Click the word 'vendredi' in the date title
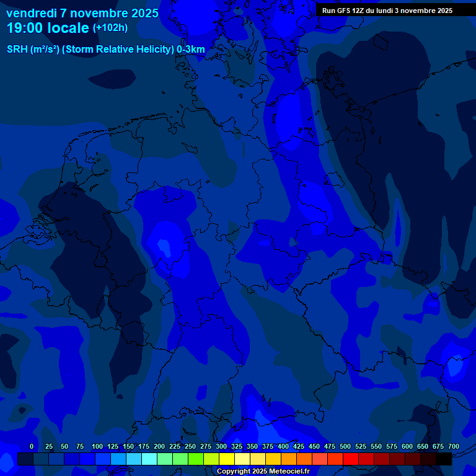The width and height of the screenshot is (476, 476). [30, 13]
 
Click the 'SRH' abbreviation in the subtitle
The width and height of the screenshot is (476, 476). [17, 50]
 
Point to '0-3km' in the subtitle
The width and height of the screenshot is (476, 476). [191, 50]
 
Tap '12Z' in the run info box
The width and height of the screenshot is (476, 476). [359, 11]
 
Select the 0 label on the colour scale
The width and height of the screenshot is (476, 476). [32, 446]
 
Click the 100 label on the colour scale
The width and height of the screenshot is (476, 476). [97, 446]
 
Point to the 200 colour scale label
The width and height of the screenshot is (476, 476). [159, 446]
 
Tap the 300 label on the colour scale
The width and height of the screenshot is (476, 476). [221, 446]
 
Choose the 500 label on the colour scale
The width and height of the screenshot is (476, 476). [345, 446]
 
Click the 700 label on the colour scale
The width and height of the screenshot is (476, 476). [454, 446]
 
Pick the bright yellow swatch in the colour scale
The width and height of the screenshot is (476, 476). [227, 459]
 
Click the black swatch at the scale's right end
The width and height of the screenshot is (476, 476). [444, 459]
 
